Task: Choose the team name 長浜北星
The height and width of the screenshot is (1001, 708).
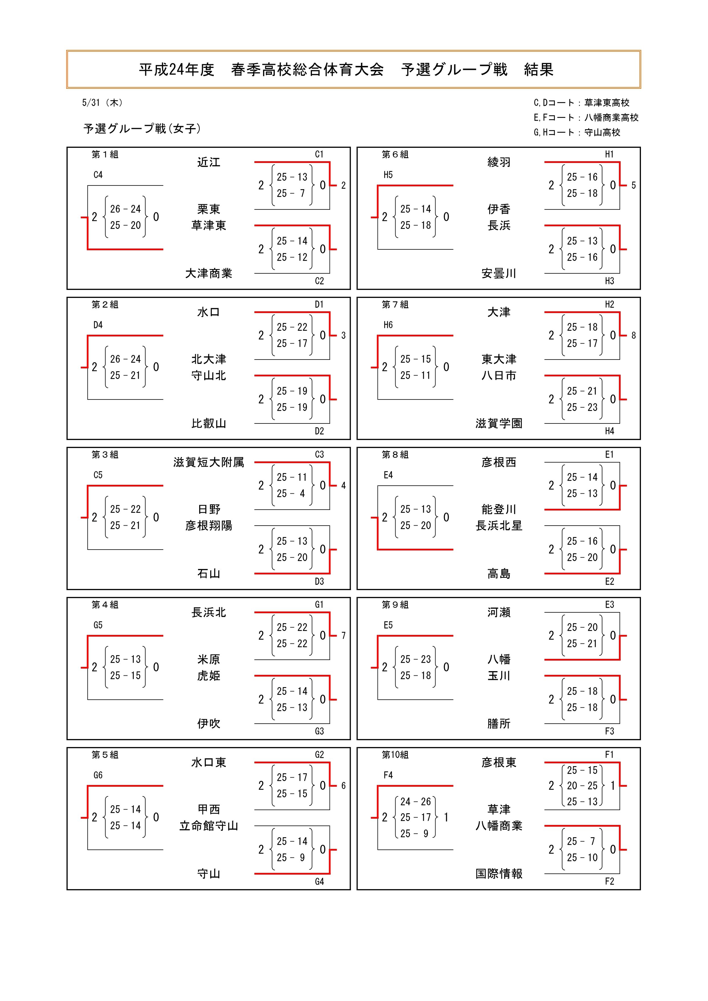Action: (499, 526)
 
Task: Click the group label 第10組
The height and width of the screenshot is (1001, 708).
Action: (395, 755)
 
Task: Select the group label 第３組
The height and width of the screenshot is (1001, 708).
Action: (105, 455)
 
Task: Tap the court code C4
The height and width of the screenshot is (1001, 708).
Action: (98, 175)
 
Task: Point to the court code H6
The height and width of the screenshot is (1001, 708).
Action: (388, 325)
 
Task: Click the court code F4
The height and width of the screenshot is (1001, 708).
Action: (388, 775)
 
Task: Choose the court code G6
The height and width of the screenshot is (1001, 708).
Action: (98, 775)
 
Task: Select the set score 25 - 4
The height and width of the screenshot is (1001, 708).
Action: (291, 494)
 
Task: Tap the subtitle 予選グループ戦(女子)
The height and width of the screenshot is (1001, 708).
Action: (142, 129)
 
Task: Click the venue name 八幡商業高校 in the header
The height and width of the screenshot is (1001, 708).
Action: (611, 118)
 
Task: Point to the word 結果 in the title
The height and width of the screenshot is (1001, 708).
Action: (538, 70)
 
